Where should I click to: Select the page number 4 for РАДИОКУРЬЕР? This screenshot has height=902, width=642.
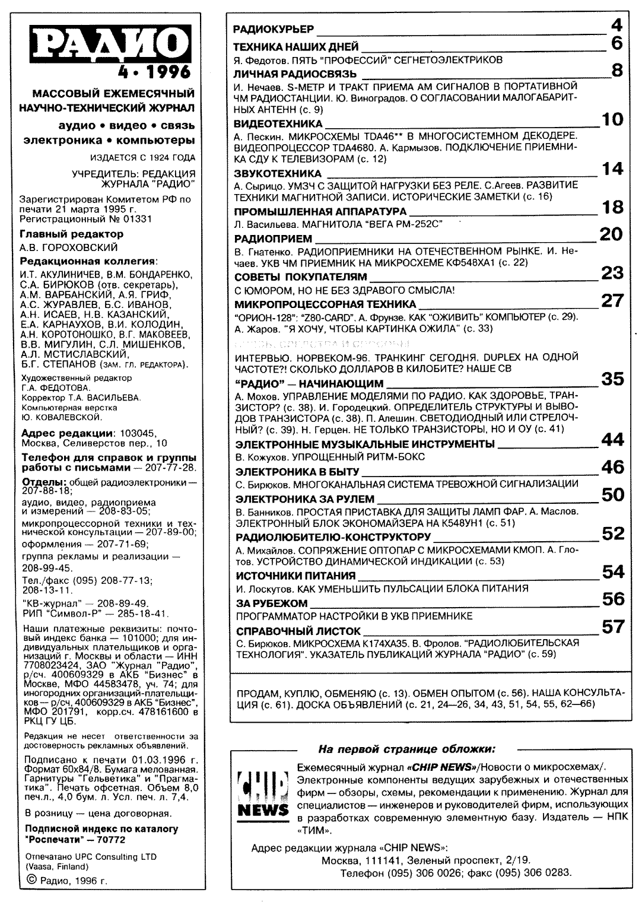[x=616, y=25]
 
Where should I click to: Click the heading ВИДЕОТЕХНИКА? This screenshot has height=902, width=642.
[x=278, y=124]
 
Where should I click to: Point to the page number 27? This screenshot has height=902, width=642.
[x=612, y=300]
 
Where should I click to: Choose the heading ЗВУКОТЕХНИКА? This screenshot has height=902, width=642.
[x=278, y=174]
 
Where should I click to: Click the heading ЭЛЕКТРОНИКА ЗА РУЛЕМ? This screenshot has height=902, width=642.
[x=305, y=499]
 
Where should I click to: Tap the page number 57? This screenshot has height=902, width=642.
[x=613, y=626]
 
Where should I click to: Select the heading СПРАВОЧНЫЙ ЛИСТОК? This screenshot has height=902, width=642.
[x=298, y=631]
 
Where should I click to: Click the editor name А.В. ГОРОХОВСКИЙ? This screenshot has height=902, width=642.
[x=69, y=247]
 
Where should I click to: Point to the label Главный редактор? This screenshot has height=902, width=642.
[x=71, y=234]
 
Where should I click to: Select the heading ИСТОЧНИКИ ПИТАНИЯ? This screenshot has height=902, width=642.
[x=295, y=576]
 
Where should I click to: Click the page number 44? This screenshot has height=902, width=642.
[x=613, y=439]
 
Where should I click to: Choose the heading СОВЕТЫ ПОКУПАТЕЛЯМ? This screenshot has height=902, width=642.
[x=301, y=277]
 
